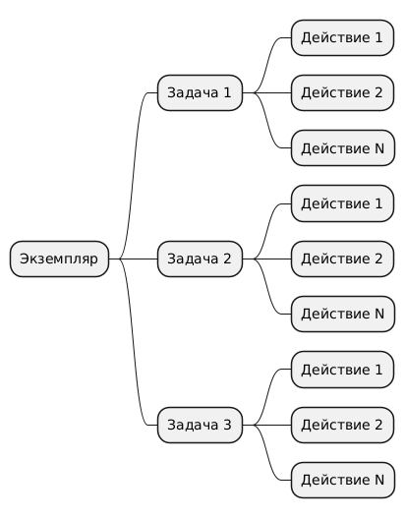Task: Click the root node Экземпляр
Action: [59, 259]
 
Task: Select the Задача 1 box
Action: [200, 92]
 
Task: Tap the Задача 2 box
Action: [200, 259]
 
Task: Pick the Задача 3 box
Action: [200, 426]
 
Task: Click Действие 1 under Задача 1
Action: [342, 37]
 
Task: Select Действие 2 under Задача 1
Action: [342, 92]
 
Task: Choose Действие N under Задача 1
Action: [343, 148]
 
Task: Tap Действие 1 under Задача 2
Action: [342, 203]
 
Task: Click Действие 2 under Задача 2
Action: [342, 259]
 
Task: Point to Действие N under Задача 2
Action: [343, 315]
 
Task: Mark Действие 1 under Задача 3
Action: [342, 370]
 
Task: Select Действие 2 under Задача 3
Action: [342, 426]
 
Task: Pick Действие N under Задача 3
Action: [343, 481]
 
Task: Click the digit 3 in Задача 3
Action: [227, 425]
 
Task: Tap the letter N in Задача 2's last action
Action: [379, 314]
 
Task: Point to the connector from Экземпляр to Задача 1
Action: [134, 176]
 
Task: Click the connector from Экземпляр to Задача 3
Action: [134, 342]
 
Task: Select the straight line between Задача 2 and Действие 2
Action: [267, 259]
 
